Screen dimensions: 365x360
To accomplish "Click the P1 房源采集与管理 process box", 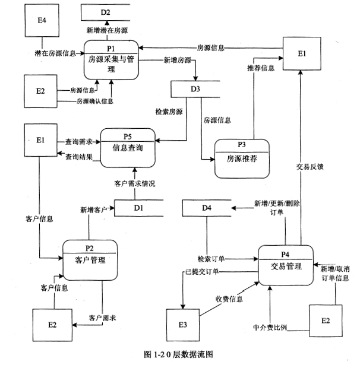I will [110, 58].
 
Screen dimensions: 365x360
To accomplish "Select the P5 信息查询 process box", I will [128, 148].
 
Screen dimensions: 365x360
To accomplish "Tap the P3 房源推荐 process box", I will [241, 158].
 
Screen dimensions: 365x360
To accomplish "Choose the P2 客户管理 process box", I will [90, 259].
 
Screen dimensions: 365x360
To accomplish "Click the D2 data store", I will [106, 12].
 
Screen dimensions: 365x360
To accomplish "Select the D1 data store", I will [138, 208].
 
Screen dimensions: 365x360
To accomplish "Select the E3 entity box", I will [182, 324].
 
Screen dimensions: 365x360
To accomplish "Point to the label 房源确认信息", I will [92, 101].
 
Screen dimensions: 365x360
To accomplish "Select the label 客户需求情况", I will [135, 184].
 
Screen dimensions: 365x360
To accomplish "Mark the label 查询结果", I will [79, 157].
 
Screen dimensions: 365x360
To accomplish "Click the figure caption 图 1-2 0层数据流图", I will [178, 354].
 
